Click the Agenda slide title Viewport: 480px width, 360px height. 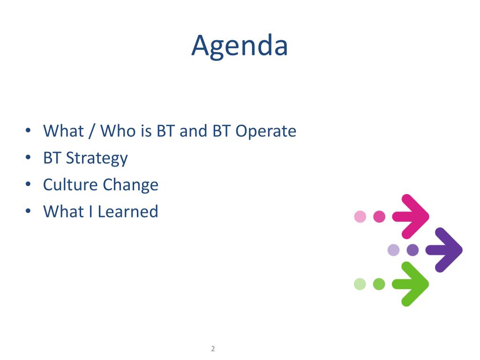pos(240,46)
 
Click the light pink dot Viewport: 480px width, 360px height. pos(360,217)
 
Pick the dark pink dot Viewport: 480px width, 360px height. pos(379,217)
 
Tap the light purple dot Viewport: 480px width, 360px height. pos(393,250)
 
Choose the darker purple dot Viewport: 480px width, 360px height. pos(412,250)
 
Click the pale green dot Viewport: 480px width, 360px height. pos(360,284)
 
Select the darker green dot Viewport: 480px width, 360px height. pos(379,284)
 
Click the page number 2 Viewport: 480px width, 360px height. pos(213,349)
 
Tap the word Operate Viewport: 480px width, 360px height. pos(266,132)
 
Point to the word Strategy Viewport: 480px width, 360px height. pos(97,158)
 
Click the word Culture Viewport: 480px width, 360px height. pos(70,185)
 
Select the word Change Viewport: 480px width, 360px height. pos(131,186)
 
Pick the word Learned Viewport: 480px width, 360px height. pos(128,211)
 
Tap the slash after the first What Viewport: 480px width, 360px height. pos(91,132)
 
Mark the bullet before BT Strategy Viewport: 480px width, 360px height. pos(28,157)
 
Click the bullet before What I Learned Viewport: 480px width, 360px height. pos(28,211)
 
